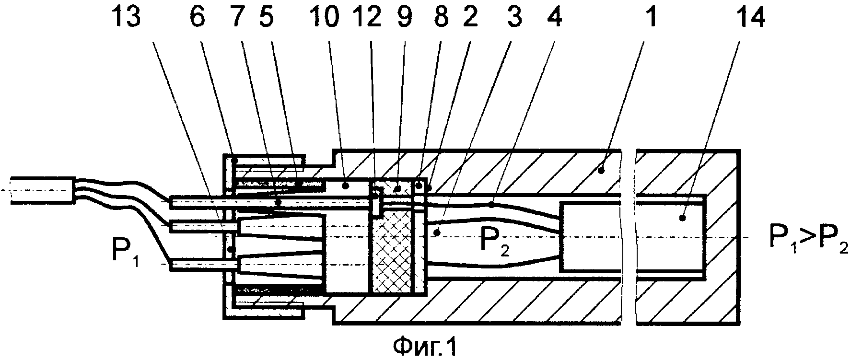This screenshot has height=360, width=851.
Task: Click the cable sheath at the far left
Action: coord(42,191)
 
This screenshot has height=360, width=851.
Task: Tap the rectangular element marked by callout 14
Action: coord(633,236)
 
